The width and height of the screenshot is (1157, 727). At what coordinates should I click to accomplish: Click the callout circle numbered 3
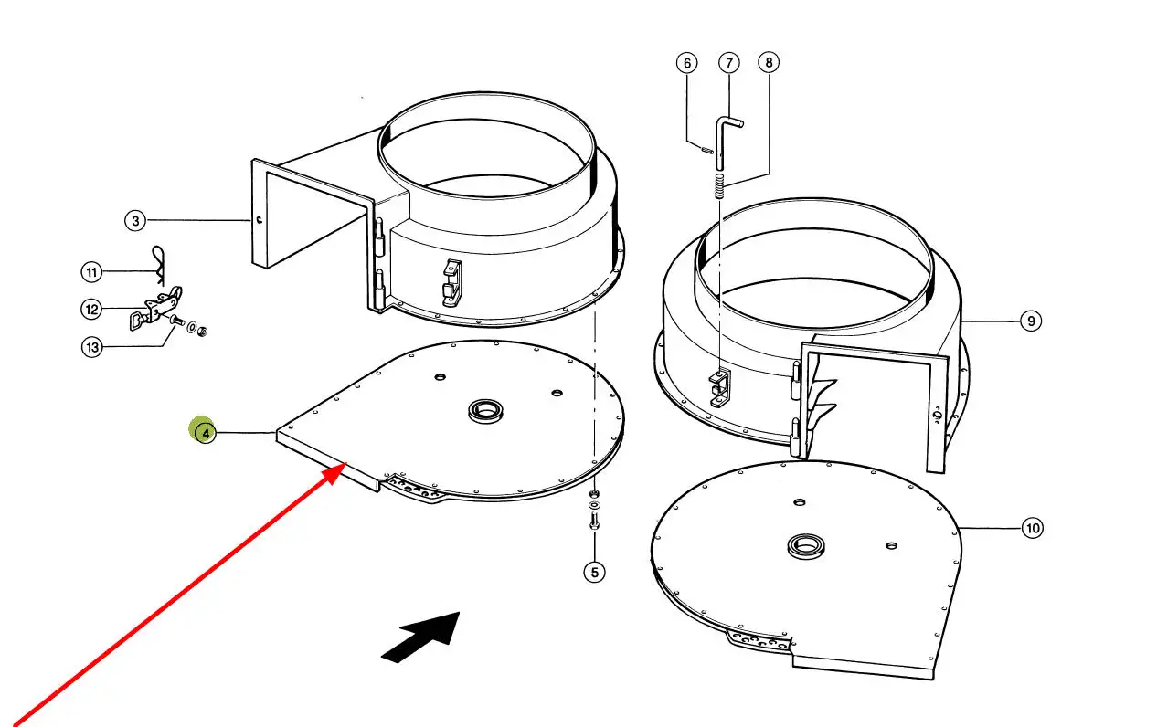(135, 221)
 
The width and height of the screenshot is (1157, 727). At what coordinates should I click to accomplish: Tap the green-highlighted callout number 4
(205, 433)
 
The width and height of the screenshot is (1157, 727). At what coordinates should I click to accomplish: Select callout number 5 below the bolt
(595, 572)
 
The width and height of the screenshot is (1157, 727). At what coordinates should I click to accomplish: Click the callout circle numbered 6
(687, 63)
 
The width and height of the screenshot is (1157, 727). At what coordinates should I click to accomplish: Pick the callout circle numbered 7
(729, 63)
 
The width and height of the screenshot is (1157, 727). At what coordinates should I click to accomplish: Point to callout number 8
(769, 62)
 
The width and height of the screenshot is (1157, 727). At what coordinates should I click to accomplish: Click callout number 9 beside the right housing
(1031, 321)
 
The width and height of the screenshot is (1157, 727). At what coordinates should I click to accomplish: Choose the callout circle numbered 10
(1032, 528)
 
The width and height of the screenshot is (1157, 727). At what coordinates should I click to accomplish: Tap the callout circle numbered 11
(92, 272)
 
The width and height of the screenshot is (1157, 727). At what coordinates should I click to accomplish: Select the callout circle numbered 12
(91, 310)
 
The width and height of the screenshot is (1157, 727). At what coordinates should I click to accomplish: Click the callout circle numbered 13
(92, 347)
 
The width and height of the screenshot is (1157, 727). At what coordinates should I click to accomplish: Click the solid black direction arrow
(425, 636)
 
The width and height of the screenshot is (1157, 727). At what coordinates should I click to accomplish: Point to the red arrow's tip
(346, 463)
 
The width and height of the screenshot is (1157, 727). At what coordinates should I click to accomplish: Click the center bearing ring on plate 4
(485, 411)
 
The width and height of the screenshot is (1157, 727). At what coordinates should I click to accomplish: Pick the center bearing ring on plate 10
(806, 546)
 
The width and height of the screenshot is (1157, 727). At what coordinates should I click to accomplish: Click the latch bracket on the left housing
(452, 283)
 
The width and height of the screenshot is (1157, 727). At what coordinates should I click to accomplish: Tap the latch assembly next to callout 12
(155, 309)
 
